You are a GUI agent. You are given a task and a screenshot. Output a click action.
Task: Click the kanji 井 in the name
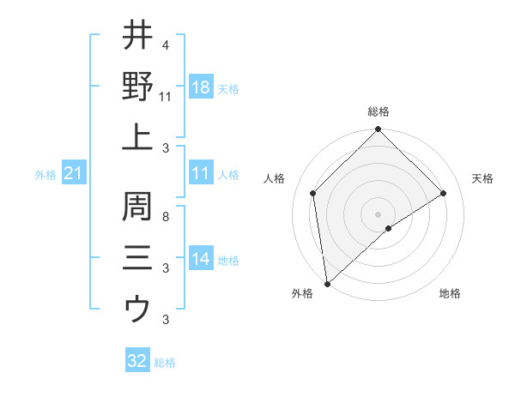point(137,35)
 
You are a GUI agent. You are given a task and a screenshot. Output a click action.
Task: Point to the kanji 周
point(137,207)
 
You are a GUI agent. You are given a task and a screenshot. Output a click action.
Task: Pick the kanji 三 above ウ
point(137,257)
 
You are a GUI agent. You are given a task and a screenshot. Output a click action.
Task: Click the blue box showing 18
point(200,88)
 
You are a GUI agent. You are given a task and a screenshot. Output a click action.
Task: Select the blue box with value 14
point(200,259)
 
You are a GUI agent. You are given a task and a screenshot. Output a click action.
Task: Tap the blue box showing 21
point(74,174)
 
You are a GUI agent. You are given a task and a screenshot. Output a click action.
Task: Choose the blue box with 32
point(137,361)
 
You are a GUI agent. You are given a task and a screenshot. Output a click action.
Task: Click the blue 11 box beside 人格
point(200,174)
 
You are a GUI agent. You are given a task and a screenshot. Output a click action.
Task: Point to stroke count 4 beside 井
point(165,45)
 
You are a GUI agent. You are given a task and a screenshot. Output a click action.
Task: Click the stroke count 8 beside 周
point(165,217)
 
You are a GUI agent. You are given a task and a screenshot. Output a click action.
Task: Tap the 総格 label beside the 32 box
point(165,363)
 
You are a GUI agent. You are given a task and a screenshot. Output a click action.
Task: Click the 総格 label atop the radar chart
point(379,111)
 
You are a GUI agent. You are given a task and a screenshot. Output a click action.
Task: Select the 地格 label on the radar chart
point(450,293)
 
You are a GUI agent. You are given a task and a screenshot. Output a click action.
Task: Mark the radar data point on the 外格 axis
point(327,284)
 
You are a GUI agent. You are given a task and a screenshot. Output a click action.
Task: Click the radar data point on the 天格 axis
point(444,193)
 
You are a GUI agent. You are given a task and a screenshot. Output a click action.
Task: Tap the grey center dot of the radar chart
point(379,214)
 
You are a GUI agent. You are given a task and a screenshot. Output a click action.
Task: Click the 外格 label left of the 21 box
point(45,175)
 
